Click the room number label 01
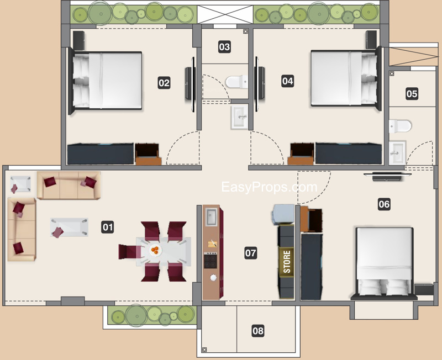click(x=108, y=226)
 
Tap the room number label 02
click(x=164, y=83)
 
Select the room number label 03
click(x=224, y=47)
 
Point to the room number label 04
click(x=287, y=81)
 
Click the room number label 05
click(x=412, y=93)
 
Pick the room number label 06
click(x=384, y=204)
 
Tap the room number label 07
click(x=251, y=253)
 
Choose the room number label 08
click(x=257, y=331)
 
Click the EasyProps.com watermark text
click(x=269, y=187)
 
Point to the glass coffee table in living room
click(x=69, y=227)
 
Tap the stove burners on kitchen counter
click(x=211, y=260)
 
